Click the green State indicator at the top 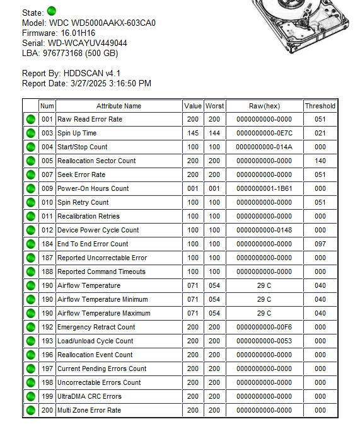tap(52, 11)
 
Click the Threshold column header tap(320, 106)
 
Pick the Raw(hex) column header tap(264, 106)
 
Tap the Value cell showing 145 tap(193, 133)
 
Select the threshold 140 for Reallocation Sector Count tap(320, 161)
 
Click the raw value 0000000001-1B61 tap(264, 188)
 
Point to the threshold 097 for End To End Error tap(320, 244)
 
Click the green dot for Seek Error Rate tap(30, 174)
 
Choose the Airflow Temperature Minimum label tap(102, 299)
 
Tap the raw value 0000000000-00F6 tap(264, 327)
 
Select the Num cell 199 tap(47, 396)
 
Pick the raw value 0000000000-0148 tap(264, 230)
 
